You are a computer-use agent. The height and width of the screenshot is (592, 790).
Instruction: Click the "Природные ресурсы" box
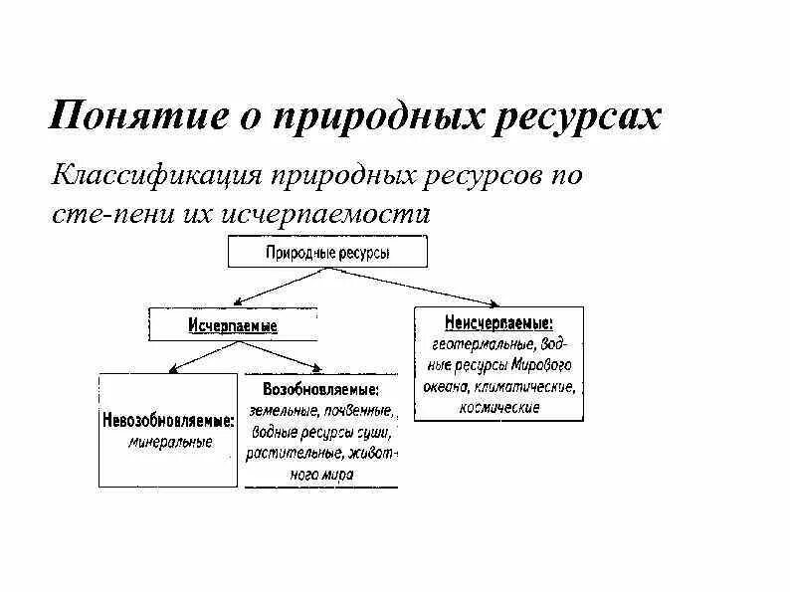coord(327,253)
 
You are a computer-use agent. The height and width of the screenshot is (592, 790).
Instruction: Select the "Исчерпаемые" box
coord(233,325)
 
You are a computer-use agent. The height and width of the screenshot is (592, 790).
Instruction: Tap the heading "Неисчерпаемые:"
coord(499,322)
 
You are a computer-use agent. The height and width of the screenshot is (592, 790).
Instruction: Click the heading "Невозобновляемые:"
coord(168,421)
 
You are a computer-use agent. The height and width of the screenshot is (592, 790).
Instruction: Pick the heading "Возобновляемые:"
coord(320,388)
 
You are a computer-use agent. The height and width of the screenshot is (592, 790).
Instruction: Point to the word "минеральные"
coord(170,442)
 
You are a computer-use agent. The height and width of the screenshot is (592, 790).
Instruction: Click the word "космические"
coord(500,407)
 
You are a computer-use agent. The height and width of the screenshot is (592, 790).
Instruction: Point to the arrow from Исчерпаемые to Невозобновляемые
coord(199,356)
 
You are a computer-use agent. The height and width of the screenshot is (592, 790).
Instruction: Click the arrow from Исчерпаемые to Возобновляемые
coord(283,356)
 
